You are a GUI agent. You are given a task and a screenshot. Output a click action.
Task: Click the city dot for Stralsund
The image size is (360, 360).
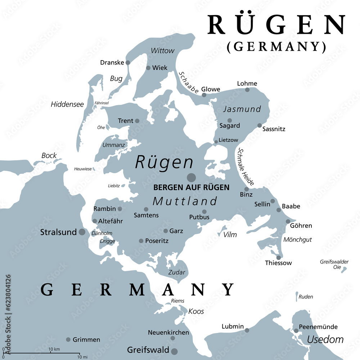coord(82,232)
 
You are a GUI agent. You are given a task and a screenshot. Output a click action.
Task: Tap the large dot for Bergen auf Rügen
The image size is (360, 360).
coord(191,177)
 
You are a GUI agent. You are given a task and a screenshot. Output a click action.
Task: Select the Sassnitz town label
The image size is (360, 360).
coord(274,129)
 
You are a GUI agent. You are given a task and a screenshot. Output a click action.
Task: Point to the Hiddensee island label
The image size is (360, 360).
coord(67,104)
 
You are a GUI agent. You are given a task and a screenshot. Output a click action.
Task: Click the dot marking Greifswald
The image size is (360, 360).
coord(175,351)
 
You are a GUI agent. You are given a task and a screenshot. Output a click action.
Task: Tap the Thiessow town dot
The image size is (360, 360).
coord(278,257)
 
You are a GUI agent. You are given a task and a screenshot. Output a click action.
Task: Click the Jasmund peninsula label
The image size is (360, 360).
coord(247,109)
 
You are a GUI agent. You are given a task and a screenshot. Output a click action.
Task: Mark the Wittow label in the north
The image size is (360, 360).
coord(162,51)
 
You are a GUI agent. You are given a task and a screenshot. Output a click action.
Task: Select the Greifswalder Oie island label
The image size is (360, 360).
coord(330,265)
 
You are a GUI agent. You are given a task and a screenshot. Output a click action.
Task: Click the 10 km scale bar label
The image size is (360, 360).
coord(54,349)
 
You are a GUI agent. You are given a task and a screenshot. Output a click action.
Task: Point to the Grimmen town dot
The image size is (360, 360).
coord(68,339)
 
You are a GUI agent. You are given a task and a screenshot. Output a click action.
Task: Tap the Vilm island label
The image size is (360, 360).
coord(230,235)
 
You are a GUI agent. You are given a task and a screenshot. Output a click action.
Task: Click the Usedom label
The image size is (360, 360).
coord(325,339)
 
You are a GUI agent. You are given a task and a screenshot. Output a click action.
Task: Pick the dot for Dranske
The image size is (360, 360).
coord(127,62)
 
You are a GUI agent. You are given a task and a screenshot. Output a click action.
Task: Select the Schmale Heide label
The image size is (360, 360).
coord(247,167)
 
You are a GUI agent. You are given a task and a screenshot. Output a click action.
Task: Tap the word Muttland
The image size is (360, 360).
coord(185,201)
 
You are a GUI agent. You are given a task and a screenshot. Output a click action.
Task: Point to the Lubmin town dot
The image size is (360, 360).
coord(247,330)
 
